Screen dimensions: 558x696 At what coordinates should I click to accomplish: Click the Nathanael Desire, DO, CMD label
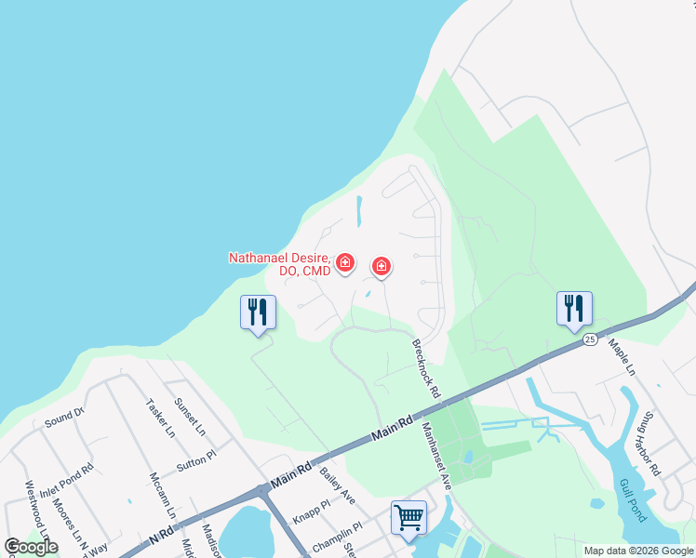click(x=279, y=263)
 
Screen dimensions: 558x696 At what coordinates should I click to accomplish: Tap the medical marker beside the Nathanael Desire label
click(x=345, y=263)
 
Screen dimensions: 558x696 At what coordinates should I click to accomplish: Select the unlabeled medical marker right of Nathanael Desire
click(x=381, y=267)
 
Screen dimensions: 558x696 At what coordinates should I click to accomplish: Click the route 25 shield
click(x=590, y=340)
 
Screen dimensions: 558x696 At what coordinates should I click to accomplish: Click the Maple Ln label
click(x=622, y=358)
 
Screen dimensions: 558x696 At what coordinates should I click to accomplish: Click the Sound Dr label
click(x=64, y=417)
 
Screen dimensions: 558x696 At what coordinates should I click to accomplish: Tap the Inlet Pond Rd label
click(x=66, y=478)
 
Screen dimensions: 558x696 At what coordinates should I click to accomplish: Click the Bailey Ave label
click(x=337, y=486)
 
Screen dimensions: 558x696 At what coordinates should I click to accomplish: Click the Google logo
click(x=31, y=547)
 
